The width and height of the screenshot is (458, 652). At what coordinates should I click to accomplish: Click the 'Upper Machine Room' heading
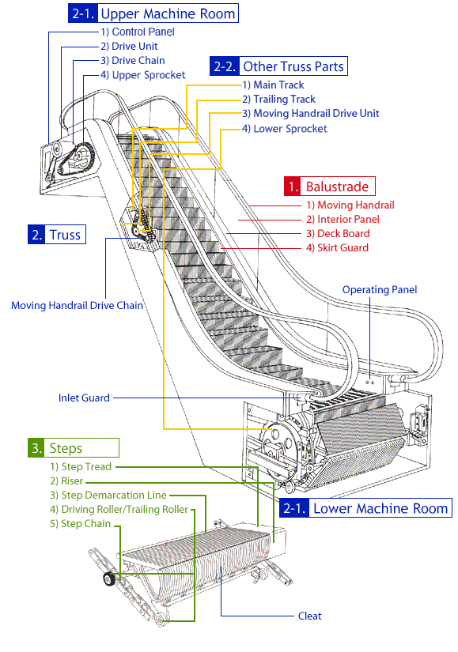pos(168,13)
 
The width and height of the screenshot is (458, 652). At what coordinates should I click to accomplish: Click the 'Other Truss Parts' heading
pos(293,66)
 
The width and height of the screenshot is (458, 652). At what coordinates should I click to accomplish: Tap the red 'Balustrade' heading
pos(337,187)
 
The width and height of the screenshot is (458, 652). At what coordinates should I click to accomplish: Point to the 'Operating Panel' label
pos(380,290)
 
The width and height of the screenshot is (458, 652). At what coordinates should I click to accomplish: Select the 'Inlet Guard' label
pos(84,398)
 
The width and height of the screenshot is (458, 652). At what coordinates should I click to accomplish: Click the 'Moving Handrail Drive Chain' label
pos(77,306)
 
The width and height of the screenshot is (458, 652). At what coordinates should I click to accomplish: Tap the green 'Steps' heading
pos(66,448)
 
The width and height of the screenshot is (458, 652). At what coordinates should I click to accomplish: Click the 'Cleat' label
pos(310,616)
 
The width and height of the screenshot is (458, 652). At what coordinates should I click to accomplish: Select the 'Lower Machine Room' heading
pos(380,508)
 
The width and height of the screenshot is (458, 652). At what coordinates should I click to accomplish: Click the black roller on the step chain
pos(109,579)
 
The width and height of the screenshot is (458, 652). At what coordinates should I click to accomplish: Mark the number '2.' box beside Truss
pos(36,235)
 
